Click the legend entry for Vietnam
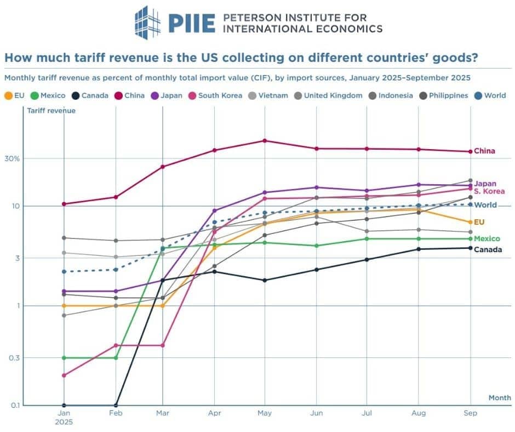269,95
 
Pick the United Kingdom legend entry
329,95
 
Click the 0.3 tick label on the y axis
15,358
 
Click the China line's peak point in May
265,141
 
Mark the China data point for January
64,204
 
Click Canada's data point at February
116,405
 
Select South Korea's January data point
64,376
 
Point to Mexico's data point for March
162,248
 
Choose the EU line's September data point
470,222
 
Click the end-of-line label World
485,205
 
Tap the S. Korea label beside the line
489,191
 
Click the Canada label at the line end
488,250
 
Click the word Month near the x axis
500,397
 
